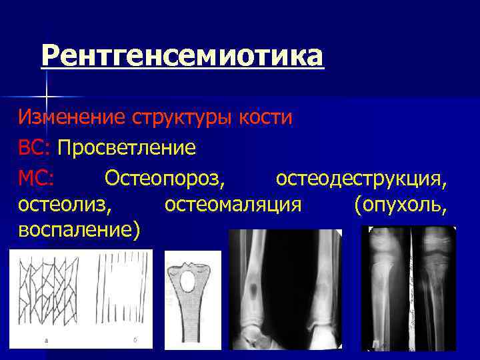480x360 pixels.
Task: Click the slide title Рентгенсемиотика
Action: [182, 56]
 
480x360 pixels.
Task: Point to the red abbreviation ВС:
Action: [35, 147]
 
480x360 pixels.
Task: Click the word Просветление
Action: [127, 147]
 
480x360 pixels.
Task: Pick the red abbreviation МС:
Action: [37, 177]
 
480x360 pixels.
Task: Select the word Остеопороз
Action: [165, 177]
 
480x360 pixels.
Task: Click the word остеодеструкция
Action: [361, 177]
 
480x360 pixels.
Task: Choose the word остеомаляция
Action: [233, 204]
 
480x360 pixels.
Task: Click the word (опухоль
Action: [400, 204]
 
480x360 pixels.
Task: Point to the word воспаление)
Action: [79, 231]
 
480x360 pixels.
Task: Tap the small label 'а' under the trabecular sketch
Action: [46, 341]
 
